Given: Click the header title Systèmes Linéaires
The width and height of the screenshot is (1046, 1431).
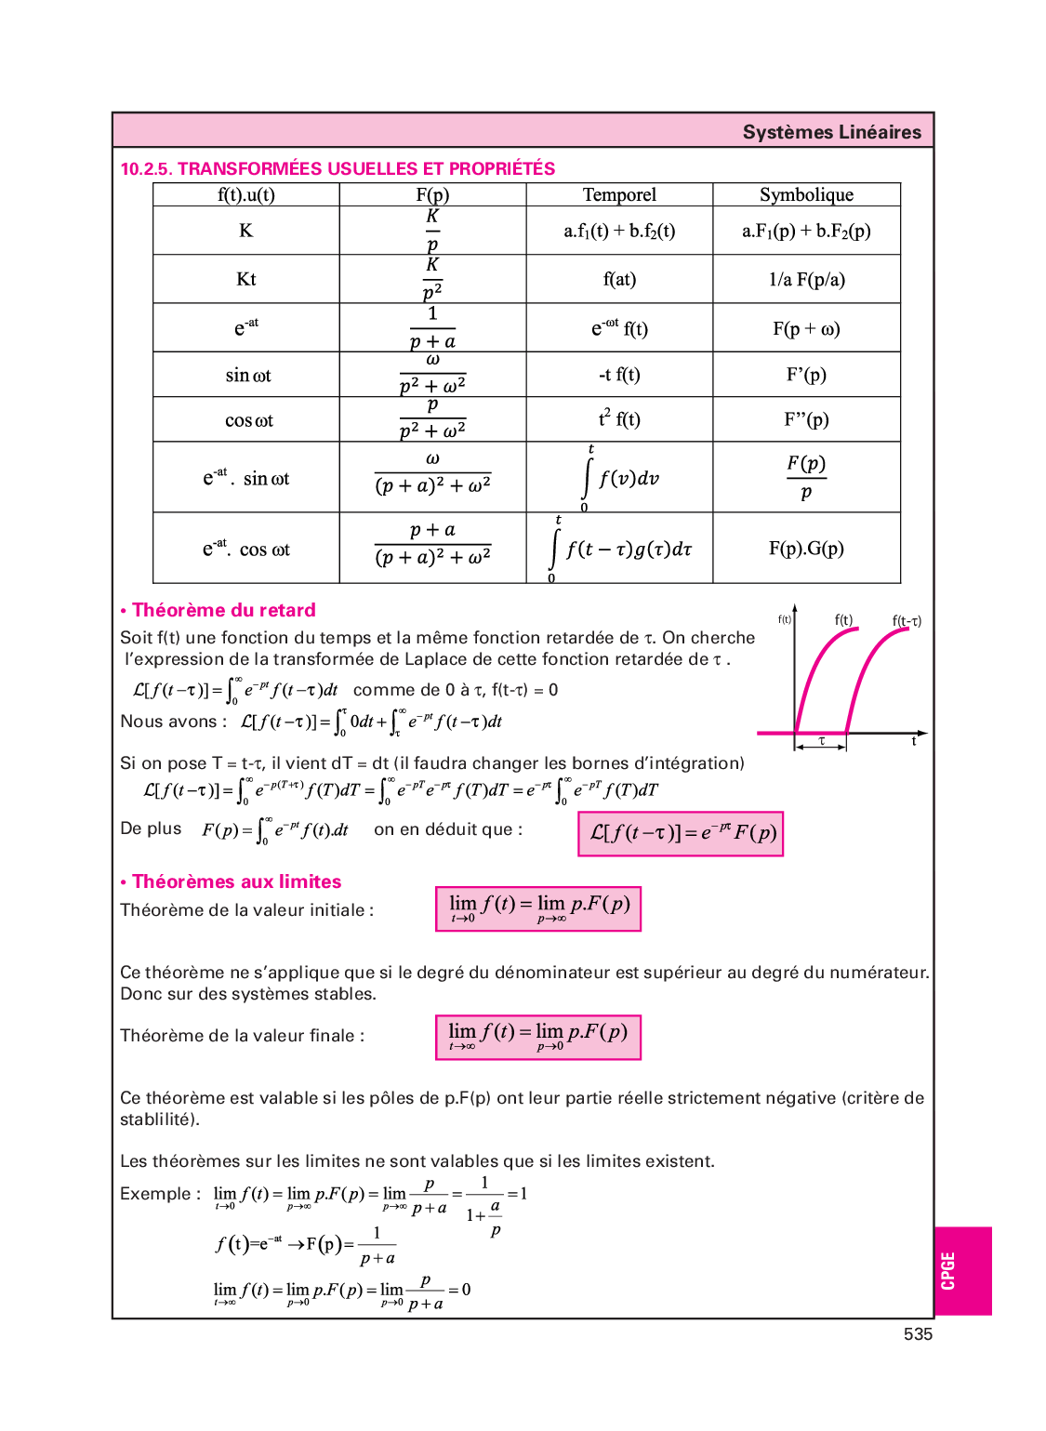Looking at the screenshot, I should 831,132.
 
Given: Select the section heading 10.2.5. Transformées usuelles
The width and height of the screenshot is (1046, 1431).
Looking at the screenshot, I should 338,168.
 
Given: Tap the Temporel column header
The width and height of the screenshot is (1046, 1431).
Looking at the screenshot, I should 619,194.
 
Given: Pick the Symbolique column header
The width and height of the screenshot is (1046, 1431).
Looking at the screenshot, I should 806,194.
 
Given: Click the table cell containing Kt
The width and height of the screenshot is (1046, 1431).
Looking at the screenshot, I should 245,279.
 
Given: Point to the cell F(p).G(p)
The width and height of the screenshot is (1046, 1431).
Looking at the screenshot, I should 806,549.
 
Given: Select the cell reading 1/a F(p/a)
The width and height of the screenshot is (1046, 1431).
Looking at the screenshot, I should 806,279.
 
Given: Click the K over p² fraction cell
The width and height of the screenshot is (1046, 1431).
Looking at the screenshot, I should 432,279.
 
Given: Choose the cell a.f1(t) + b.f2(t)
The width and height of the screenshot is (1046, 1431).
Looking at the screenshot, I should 619,231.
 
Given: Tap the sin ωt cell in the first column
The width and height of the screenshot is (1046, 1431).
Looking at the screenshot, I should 247,376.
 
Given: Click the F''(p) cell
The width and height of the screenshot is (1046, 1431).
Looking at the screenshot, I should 806,419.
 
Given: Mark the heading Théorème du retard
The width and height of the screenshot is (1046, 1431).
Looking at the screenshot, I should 223,610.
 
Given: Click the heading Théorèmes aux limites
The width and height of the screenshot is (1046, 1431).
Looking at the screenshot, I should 236,881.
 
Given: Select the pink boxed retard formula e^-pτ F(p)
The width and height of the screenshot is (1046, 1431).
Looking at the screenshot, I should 681,833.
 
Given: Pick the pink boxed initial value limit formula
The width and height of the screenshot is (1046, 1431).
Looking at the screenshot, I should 538,908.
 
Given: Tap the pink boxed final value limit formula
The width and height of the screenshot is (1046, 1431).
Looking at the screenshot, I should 538,1037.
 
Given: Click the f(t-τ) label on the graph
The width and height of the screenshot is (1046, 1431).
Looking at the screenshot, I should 906,621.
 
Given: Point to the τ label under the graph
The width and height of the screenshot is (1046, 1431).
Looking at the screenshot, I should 822,741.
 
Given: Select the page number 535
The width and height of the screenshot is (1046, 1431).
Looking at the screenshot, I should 918,1334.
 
